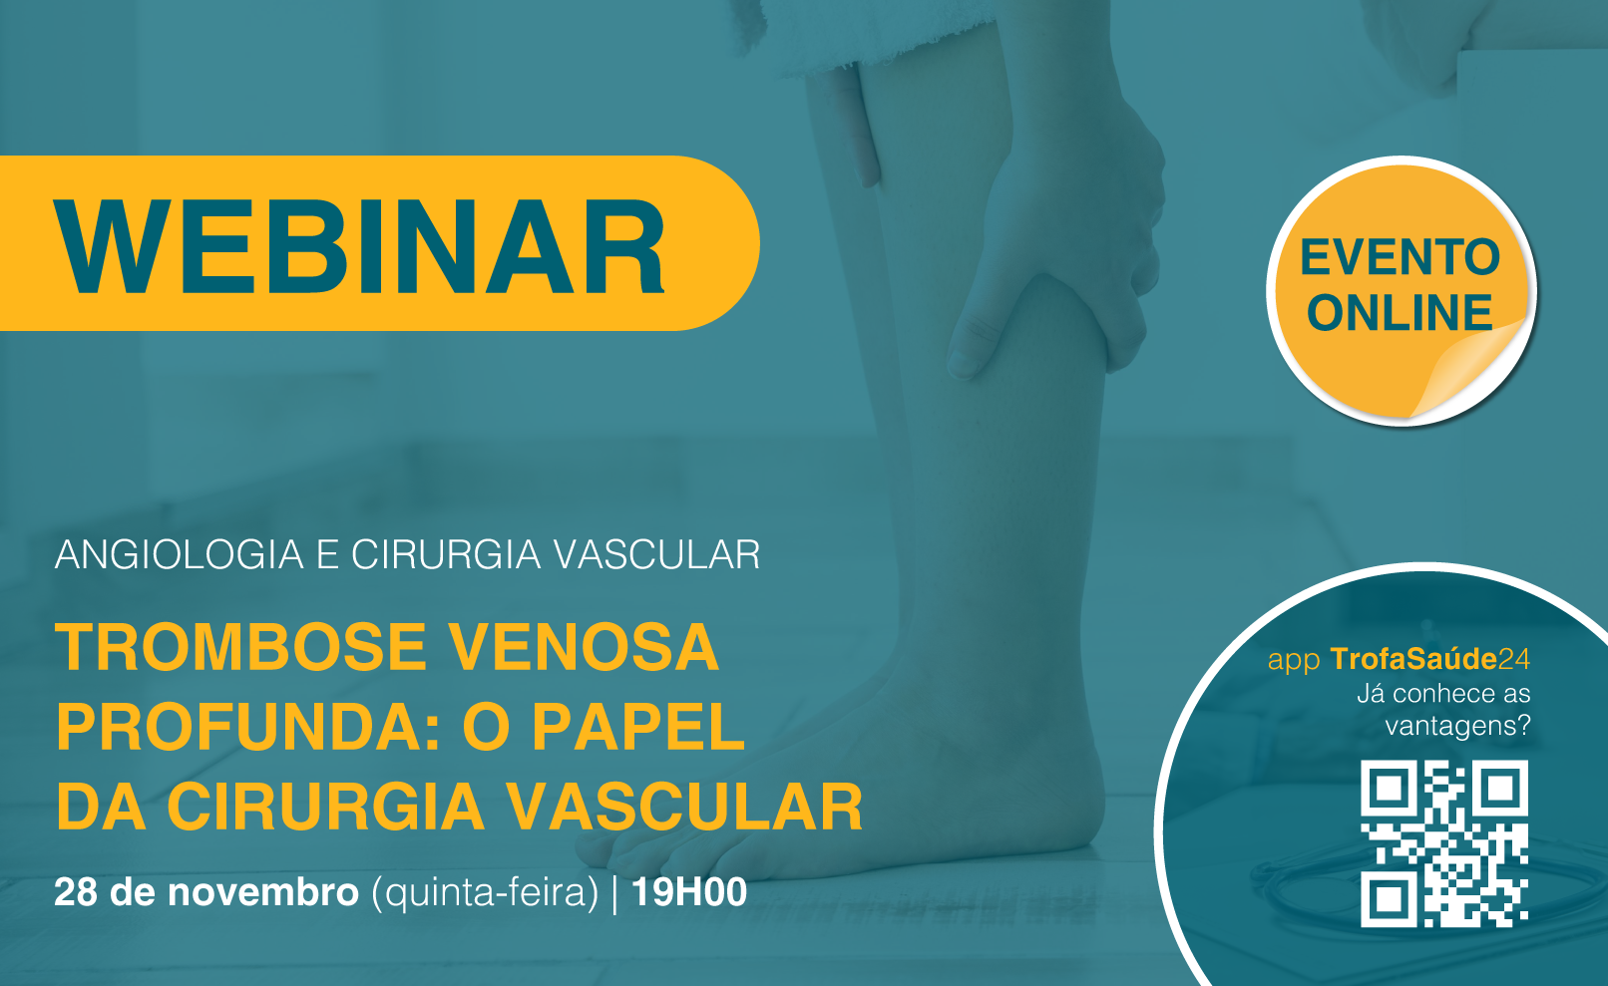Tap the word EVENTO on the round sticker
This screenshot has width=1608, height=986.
(x=1400, y=257)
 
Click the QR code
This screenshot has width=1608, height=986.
(x=1443, y=843)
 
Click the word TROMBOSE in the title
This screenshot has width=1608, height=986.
(x=240, y=647)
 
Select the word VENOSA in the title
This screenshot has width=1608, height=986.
(x=584, y=647)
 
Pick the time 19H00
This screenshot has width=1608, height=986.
(x=689, y=892)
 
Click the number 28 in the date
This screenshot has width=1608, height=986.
(x=76, y=892)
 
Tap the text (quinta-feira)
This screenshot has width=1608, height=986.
(x=485, y=893)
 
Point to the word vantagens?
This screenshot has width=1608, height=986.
(x=1457, y=727)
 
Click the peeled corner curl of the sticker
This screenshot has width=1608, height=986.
(x=1471, y=370)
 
